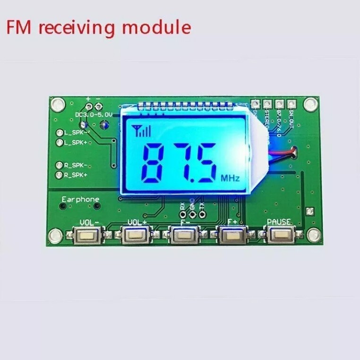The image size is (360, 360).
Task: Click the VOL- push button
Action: point(87,234)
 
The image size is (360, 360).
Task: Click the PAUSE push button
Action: point(279,234)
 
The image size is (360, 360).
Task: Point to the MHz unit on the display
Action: point(231,178)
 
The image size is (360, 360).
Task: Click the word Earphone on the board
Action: point(80,199)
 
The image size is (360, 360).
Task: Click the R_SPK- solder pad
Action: point(60,165)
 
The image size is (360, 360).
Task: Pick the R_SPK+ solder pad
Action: point(60,176)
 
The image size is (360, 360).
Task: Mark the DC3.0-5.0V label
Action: point(94,114)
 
